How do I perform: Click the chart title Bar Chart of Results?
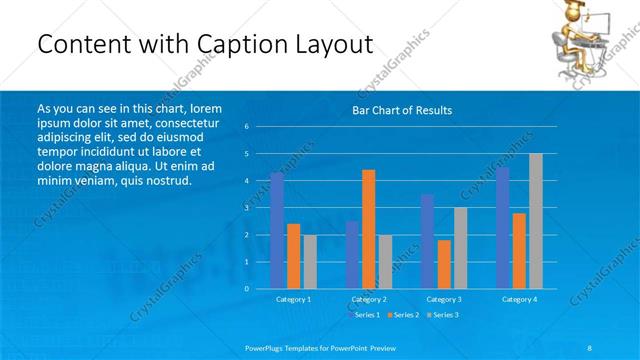(x=402, y=110)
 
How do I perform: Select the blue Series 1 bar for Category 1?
(x=277, y=230)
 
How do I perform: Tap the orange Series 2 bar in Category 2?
(x=368, y=228)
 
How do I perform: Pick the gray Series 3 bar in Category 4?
(x=535, y=220)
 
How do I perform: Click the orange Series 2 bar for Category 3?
(x=443, y=264)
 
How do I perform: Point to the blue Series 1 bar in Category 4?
(x=502, y=227)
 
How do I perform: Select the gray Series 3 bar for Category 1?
(x=310, y=261)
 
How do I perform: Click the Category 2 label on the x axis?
(x=369, y=299)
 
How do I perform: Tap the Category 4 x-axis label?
(x=519, y=299)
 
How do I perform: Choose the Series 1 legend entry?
(x=364, y=315)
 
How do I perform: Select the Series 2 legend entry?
(x=405, y=315)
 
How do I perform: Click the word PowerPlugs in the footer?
(x=267, y=347)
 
